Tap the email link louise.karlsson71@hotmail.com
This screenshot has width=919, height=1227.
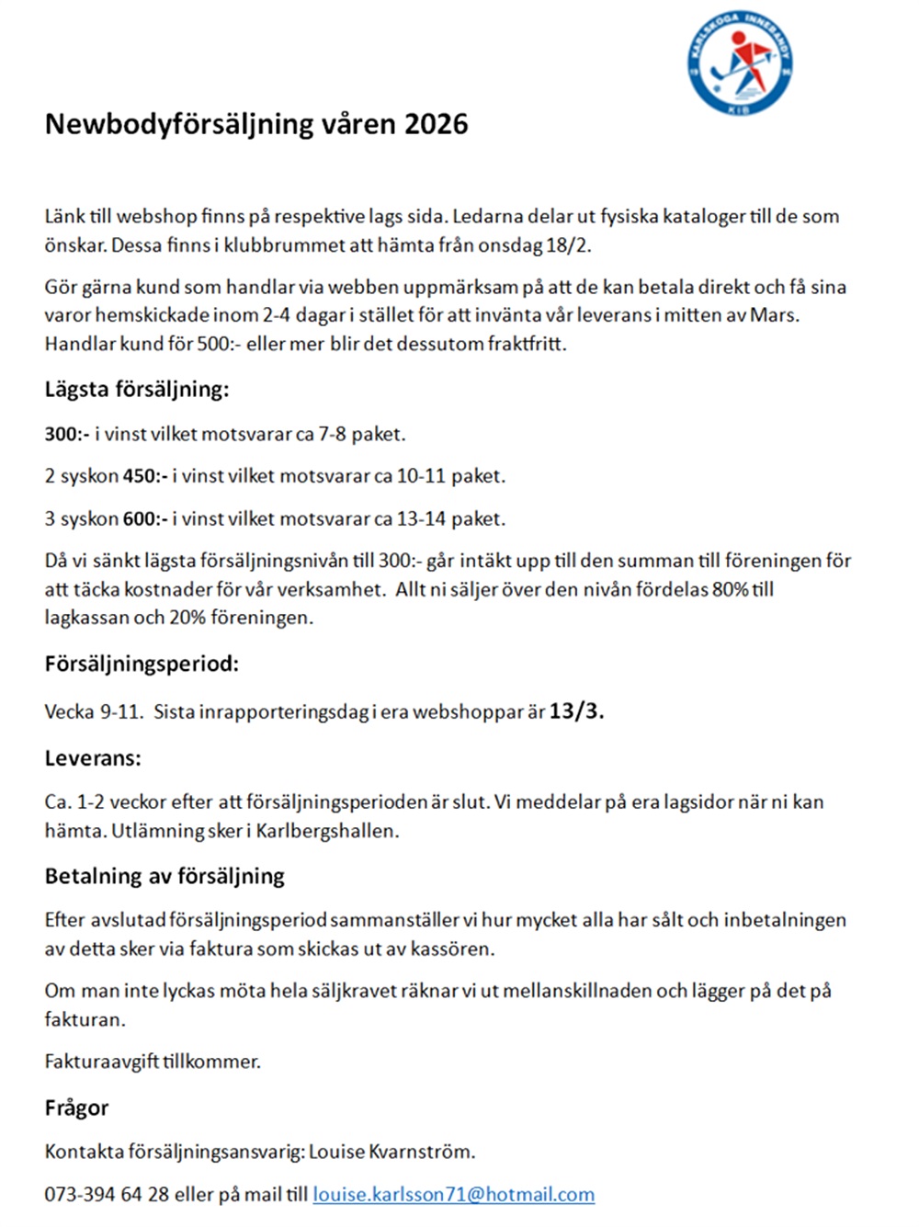pos(453,1194)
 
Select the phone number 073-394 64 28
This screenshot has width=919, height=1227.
pos(107,1194)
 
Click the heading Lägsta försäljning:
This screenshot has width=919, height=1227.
pos(136,389)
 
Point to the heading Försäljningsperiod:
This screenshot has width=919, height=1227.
pos(142,664)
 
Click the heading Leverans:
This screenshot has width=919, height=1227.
pos(93,758)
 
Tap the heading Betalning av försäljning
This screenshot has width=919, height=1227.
pos(165,876)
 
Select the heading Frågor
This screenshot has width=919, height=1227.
pos(76,1108)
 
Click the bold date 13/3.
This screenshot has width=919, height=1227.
pos(576,710)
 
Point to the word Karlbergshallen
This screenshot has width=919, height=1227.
pos(327,831)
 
